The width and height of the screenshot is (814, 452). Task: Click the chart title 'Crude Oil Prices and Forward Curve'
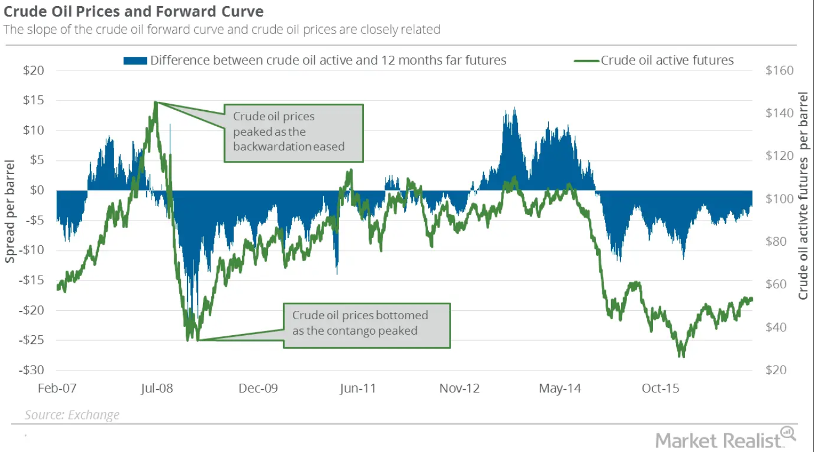click(x=133, y=12)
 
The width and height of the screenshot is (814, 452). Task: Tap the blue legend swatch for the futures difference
click(x=135, y=61)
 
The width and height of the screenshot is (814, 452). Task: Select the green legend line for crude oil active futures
click(x=586, y=61)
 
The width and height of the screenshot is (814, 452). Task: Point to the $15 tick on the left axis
click(x=33, y=100)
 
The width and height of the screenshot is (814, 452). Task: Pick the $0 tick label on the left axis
click(x=36, y=190)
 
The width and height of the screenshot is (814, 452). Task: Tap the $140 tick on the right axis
click(x=779, y=113)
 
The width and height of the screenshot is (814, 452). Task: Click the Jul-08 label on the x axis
click(x=157, y=389)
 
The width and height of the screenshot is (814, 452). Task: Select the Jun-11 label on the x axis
click(x=357, y=389)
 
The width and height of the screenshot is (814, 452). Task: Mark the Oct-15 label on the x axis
click(x=660, y=389)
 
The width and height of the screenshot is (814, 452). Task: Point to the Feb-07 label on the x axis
click(x=57, y=389)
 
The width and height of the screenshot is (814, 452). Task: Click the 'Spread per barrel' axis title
click(x=10, y=212)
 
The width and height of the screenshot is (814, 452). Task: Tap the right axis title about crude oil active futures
click(x=803, y=196)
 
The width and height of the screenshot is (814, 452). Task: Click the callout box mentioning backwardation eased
click(x=293, y=133)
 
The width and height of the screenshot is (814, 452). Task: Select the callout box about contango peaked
click(x=367, y=325)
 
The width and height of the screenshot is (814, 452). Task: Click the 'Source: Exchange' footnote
click(x=72, y=415)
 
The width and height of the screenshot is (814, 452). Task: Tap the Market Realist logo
click(x=718, y=440)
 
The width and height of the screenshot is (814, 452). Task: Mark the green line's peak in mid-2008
click(x=156, y=103)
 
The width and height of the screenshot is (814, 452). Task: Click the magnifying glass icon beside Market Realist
click(x=789, y=433)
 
